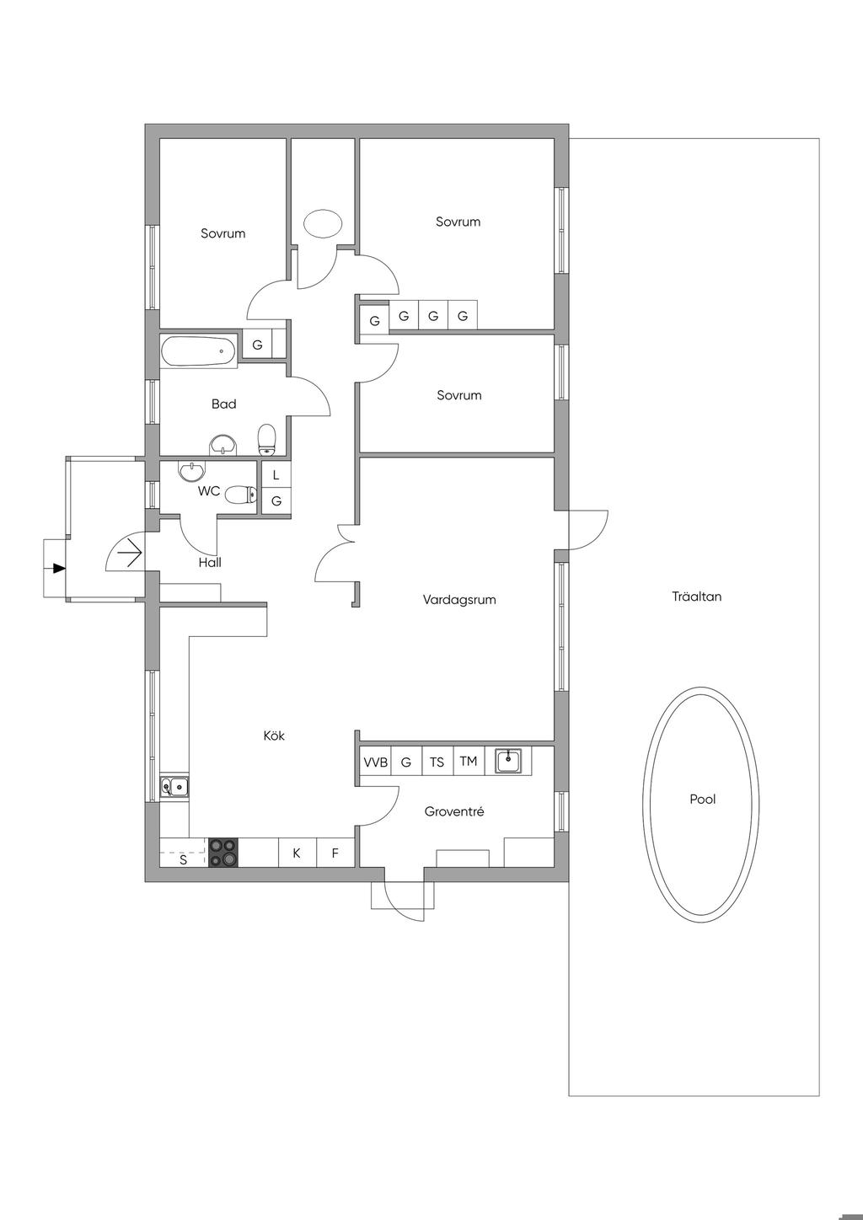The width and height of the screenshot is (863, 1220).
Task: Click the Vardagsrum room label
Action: click(459, 600)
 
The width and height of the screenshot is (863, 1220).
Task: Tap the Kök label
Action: click(274, 736)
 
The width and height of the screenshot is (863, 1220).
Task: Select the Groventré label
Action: click(454, 811)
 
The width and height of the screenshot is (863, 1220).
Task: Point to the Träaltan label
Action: click(696, 597)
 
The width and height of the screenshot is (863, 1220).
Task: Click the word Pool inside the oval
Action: click(702, 800)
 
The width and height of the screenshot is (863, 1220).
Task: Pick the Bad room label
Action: click(224, 404)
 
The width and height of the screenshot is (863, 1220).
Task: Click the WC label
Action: click(209, 490)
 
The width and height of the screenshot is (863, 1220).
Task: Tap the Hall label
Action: click(210, 563)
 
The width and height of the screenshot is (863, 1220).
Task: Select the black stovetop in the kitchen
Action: click(224, 852)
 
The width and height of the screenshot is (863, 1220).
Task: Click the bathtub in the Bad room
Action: click(199, 350)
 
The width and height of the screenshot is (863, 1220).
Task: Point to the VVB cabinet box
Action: click(375, 762)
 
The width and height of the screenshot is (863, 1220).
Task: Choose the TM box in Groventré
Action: click(468, 761)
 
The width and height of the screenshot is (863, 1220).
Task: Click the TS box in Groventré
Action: click(437, 762)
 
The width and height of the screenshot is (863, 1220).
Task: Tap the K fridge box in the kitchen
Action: click(297, 853)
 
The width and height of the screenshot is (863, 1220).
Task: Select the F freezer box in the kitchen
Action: click(335, 853)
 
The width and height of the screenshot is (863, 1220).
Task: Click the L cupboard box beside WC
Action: click(276, 474)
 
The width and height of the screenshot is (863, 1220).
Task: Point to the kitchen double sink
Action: click(174, 786)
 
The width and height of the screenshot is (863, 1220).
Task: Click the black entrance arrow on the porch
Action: click(58, 569)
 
